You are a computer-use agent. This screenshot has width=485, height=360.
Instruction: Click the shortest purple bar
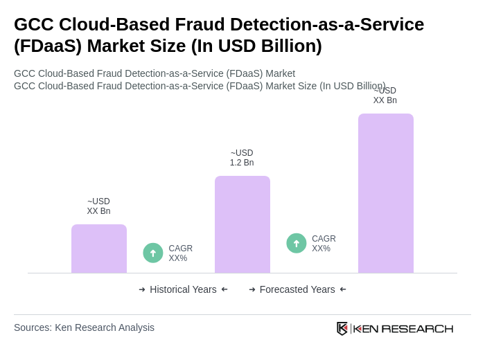99,249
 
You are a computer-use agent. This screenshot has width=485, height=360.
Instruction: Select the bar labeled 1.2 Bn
242,224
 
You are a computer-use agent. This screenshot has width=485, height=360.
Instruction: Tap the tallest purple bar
386,193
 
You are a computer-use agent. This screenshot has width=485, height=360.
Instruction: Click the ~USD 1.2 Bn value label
242,158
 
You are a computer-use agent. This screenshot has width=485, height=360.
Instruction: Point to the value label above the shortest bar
98,206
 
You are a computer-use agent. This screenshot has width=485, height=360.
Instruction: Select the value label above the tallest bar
385,96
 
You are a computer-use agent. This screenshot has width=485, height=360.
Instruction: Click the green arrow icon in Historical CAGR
153,253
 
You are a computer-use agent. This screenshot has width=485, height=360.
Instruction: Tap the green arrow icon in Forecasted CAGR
297,243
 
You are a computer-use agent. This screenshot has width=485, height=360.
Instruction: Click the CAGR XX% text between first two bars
180,253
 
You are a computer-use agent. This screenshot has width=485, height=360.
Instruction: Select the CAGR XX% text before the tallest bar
324,244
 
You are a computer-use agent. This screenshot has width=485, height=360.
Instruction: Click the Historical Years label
183,289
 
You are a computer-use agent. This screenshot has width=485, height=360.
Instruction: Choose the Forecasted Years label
297,289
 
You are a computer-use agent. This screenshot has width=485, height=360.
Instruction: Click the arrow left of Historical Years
142,289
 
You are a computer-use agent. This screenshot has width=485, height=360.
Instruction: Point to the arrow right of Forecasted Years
343,289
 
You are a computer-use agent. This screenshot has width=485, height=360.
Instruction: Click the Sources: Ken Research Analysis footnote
84,327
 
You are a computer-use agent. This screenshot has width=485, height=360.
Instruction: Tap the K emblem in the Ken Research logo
342,328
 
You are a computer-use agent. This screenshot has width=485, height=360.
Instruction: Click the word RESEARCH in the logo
417,328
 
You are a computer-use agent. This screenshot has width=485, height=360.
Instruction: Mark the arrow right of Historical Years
224,289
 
